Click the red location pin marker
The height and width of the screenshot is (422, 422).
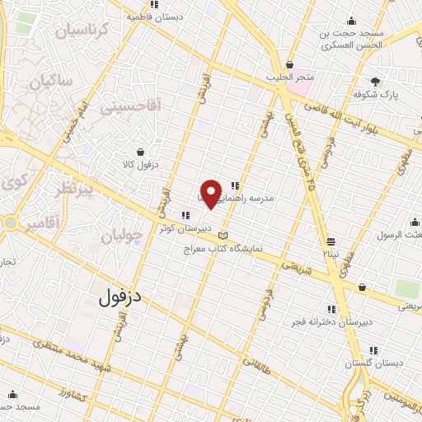(213, 193)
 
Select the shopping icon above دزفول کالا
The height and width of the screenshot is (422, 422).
(141, 152)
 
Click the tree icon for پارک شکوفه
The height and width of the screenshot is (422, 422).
(376, 82)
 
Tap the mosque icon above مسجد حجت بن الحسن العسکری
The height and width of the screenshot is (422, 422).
(352, 21)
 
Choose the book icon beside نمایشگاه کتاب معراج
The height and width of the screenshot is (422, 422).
(220, 236)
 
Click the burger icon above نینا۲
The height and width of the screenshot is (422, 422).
(331, 241)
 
